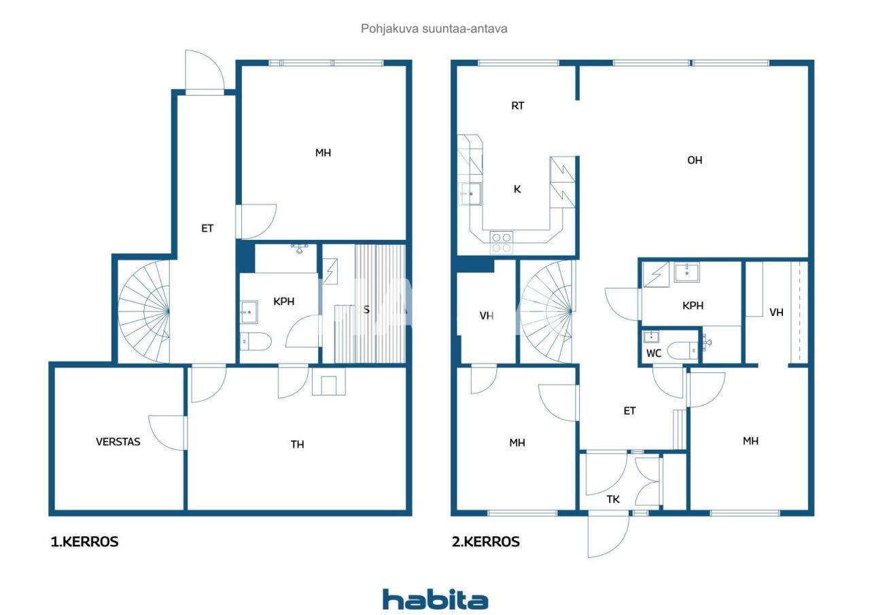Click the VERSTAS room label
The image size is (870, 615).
(x=118, y=442)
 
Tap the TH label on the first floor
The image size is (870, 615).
(x=297, y=444)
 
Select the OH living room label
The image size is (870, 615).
(x=695, y=160)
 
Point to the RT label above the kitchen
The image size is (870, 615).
(x=517, y=106)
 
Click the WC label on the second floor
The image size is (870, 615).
(x=653, y=353)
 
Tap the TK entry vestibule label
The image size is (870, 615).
(x=613, y=499)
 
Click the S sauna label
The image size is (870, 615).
(x=366, y=310)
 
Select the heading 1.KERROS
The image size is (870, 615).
(x=84, y=542)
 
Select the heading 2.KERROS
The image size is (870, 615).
(x=486, y=542)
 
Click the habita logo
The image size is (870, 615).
(x=435, y=599)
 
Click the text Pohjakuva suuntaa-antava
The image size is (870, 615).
(x=434, y=29)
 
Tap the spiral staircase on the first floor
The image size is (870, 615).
(x=144, y=312)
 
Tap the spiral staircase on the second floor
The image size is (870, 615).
(x=547, y=312)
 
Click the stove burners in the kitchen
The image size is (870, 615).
(x=502, y=243)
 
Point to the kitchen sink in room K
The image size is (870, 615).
(x=470, y=194)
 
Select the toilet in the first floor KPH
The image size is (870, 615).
(x=256, y=341)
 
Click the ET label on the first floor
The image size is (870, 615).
(x=207, y=228)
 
